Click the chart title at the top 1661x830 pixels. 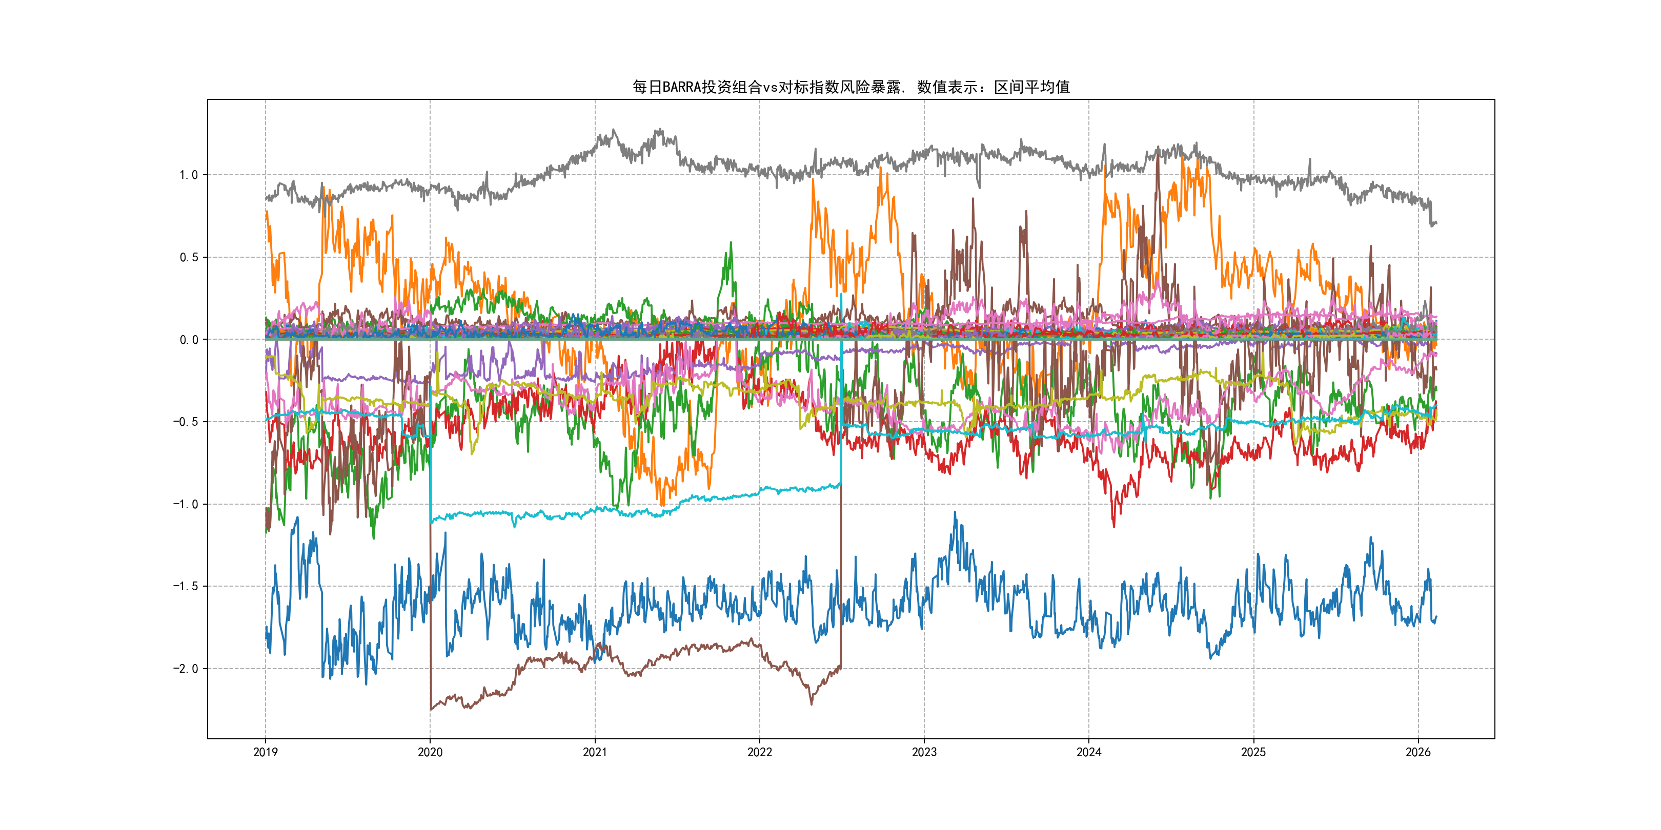[x=850, y=87]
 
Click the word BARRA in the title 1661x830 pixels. [x=681, y=87]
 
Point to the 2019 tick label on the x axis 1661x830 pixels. [x=265, y=752]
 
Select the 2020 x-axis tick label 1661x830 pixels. [x=430, y=752]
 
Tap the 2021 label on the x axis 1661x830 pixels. [x=595, y=752]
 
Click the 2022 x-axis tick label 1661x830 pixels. [x=760, y=752]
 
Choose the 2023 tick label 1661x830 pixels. [x=924, y=752]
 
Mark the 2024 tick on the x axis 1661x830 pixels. [x=1089, y=752]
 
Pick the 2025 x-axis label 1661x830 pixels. [x=1253, y=752]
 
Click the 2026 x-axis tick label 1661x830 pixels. [x=1418, y=752]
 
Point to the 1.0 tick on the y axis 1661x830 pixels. [x=188, y=175]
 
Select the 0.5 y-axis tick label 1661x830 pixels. [x=188, y=257]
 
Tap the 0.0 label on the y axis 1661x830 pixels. [x=188, y=340]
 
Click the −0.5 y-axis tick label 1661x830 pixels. [x=185, y=422]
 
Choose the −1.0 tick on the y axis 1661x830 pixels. [x=185, y=505]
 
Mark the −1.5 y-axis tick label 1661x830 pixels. [x=185, y=587]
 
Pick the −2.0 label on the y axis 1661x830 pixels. [x=185, y=669]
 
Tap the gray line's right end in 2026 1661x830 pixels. [x=1436, y=223]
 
